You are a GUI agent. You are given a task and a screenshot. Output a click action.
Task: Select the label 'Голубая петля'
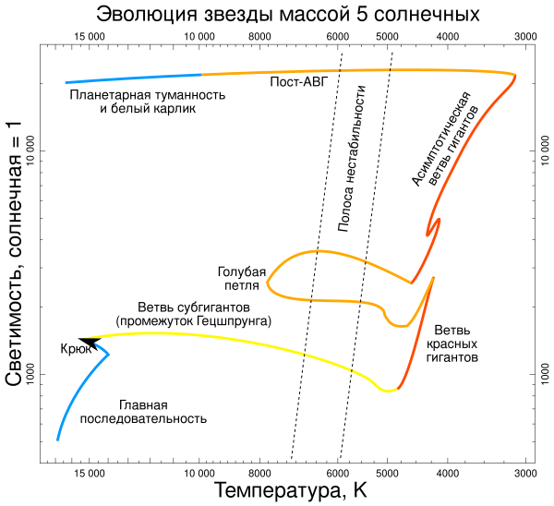pos(242,278)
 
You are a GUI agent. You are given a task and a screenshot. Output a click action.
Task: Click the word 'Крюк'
pos(74,349)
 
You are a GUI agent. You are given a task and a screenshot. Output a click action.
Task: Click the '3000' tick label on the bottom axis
pos(525,473)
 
